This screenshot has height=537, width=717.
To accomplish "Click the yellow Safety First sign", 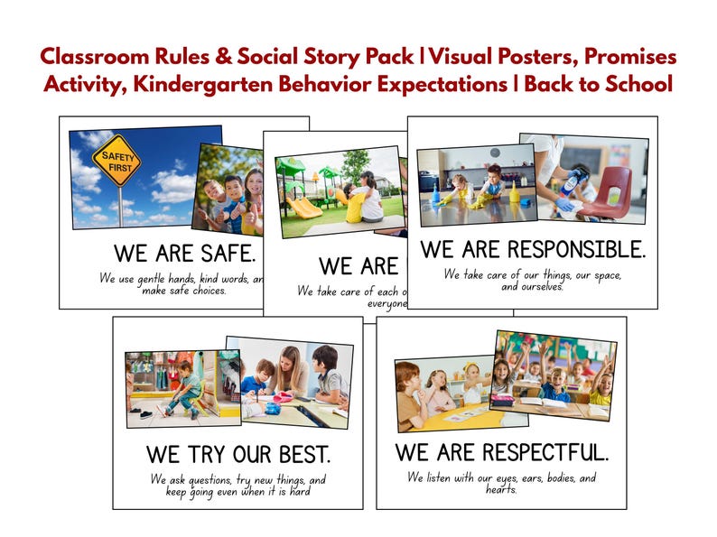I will pos(116,160).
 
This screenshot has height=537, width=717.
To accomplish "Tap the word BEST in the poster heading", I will pos(299,453).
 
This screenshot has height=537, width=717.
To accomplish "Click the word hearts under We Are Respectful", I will pos(499,490).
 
